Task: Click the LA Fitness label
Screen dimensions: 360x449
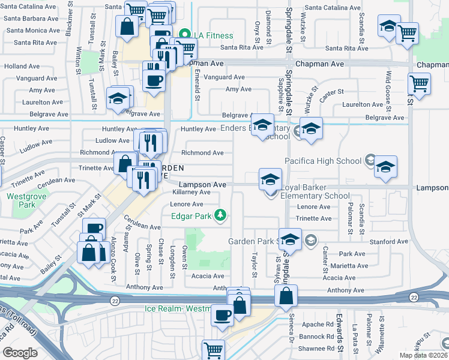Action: tap(212, 35)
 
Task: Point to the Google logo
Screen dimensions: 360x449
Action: tap(20, 353)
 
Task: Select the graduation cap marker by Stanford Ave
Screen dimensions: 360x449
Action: tap(290, 239)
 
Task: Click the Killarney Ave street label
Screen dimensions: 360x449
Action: tap(191, 193)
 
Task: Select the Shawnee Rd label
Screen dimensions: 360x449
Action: tap(318, 349)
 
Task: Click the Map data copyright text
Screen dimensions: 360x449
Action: tap(424, 355)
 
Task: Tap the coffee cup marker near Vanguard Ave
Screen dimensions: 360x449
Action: tap(154, 80)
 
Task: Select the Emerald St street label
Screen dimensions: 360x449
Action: tap(196, 83)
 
